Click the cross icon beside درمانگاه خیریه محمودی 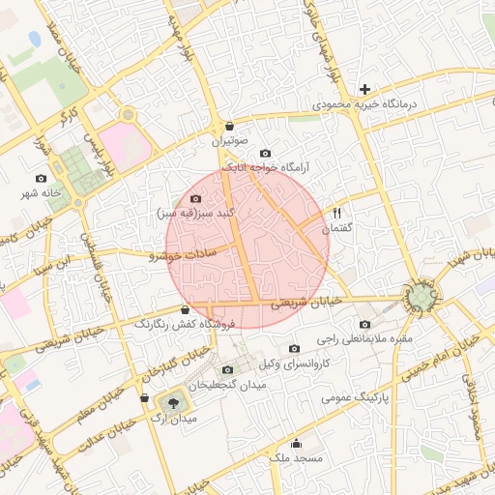pos(364,89)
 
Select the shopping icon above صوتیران pos(229,126)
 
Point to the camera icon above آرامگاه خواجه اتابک pos(266,153)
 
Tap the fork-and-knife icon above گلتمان pos(337,213)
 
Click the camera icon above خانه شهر pos(41,178)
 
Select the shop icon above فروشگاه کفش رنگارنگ pos(185,309)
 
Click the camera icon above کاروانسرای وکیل pos(294,349)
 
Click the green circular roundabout pos(422,298)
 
